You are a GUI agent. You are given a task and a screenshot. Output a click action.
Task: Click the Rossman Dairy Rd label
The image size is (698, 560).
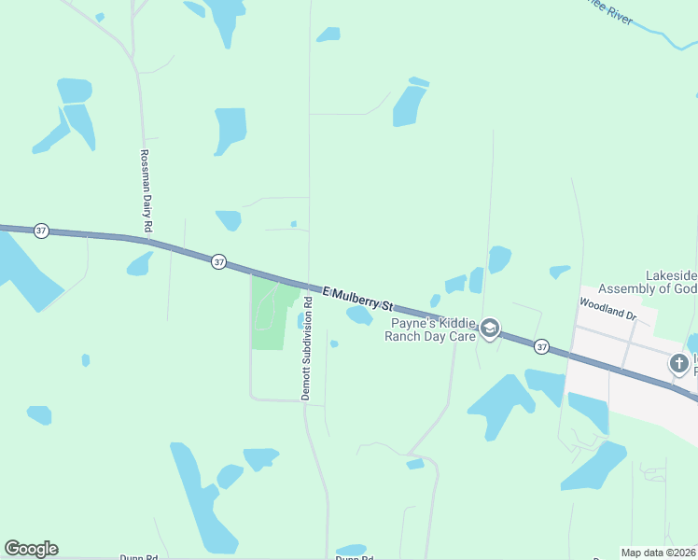pyautogui.click(x=146, y=191)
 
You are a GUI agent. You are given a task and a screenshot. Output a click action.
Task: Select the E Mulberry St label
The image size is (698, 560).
pyautogui.click(x=359, y=299)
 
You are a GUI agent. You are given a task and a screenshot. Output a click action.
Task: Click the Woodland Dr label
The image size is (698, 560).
pyautogui.click(x=607, y=310)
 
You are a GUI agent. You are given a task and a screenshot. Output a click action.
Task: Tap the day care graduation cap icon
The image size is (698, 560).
pyautogui.click(x=490, y=328)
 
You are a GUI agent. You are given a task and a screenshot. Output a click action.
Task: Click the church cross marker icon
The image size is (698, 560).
pyautogui.click(x=679, y=364)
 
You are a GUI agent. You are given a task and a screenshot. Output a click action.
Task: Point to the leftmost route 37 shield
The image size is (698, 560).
pyautogui.click(x=41, y=231)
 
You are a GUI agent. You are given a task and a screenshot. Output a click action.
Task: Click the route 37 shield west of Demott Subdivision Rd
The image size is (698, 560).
pyautogui.click(x=218, y=262)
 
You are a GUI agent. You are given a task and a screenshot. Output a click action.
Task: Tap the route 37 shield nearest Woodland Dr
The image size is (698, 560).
pyautogui.click(x=542, y=346)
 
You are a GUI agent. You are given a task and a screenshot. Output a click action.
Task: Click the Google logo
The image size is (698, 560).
pyautogui.click(x=31, y=549)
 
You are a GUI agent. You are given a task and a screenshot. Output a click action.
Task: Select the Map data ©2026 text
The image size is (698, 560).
pyautogui.click(x=658, y=553)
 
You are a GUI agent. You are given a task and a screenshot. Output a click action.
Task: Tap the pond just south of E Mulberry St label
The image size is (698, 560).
pyautogui.click(x=359, y=316)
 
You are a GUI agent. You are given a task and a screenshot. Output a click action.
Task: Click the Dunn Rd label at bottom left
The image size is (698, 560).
pyautogui.click(x=138, y=557)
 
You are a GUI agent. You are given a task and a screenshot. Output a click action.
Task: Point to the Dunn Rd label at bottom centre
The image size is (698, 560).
pyautogui.click(x=355, y=557)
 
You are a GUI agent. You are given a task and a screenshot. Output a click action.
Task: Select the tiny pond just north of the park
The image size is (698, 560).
pyautogui.click(x=293, y=224)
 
